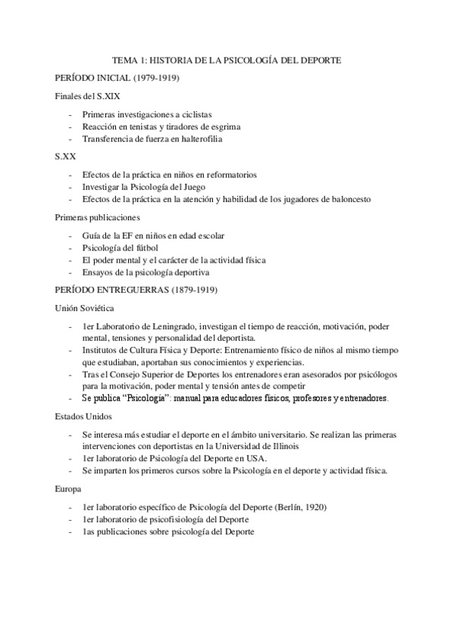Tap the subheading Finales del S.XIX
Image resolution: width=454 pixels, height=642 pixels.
coord(86,96)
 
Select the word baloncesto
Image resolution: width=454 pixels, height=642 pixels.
coord(347,198)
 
